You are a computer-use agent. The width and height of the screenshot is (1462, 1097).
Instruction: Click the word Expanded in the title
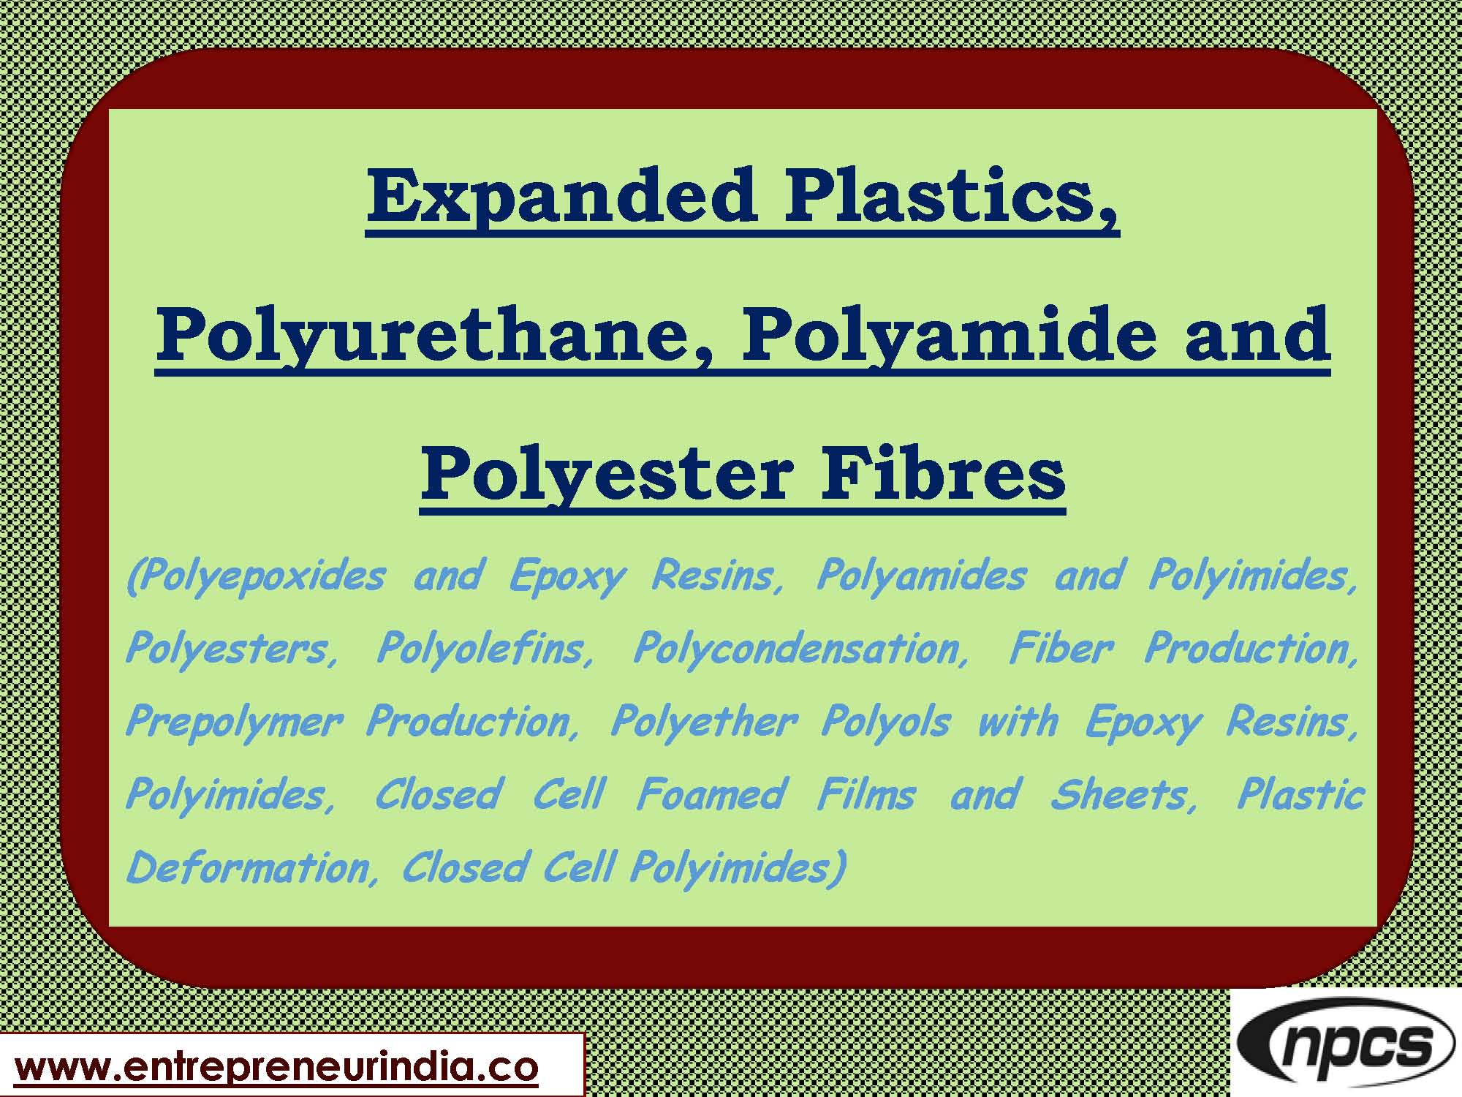(561, 196)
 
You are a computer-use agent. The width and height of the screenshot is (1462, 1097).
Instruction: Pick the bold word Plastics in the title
(950, 196)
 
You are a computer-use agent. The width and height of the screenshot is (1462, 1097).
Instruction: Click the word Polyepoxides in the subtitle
(256, 576)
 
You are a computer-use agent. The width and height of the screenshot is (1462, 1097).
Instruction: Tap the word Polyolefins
(485, 649)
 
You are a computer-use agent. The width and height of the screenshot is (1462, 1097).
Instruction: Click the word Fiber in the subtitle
(1061, 649)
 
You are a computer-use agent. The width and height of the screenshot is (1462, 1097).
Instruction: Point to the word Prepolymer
(234, 723)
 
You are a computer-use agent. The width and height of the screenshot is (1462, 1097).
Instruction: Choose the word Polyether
(703, 723)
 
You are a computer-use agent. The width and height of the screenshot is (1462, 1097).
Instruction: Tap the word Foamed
(711, 795)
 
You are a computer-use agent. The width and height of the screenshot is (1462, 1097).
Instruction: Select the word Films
(866, 795)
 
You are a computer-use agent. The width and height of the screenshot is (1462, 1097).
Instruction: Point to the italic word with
(1018, 723)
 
